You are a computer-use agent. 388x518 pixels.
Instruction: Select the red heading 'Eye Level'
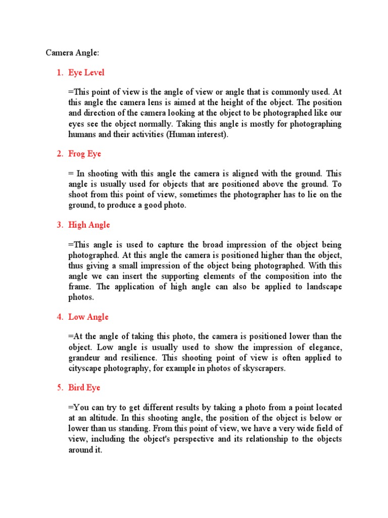86,73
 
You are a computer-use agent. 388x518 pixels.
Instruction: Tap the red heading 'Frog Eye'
85,154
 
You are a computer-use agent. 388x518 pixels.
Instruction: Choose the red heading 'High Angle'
89,225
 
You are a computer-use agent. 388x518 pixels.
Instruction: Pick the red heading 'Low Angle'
88,317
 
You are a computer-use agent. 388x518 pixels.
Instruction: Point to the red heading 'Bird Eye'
84,387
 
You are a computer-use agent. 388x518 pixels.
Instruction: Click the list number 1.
59,73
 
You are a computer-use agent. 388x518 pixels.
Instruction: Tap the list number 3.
59,225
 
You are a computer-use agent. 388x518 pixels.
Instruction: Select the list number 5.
59,387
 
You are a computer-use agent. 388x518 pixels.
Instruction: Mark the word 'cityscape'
85,368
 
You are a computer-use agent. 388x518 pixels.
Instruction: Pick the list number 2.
59,154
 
